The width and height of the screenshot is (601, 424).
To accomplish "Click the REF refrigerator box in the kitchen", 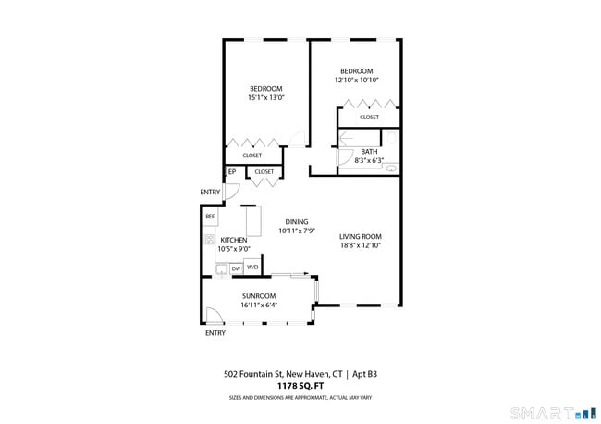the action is tap(211, 217).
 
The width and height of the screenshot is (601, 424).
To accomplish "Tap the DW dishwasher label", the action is tap(236, 269).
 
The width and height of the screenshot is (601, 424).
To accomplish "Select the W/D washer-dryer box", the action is tap(252, 267).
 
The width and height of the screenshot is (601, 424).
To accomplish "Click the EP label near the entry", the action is tap(232, 172).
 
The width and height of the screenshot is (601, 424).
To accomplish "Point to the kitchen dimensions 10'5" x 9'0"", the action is tap(234, 249).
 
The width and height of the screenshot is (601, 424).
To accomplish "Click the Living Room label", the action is tap(361, 237).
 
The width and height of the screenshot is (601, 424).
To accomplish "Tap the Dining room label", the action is tap(297, 222).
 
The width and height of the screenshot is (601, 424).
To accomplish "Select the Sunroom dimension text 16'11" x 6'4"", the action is tap(259, 306).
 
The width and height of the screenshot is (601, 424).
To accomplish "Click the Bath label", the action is tap(369, 152).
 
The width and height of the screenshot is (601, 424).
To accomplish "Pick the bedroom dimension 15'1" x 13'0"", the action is tap(266, 97).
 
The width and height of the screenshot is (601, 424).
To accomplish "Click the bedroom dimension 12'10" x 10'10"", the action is tap(357, 81).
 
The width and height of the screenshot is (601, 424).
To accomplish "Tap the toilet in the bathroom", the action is tap(391, 138).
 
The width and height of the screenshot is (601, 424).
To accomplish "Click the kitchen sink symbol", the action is tap(222, 269).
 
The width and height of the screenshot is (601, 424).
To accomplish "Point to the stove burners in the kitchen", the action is tap(209, 240).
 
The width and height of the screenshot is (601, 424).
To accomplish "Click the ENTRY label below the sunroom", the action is tap(215, 333).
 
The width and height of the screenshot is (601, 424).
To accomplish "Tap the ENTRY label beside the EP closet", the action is tap(210, 192).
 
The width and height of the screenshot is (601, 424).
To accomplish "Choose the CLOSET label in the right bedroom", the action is tap(369, 117).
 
